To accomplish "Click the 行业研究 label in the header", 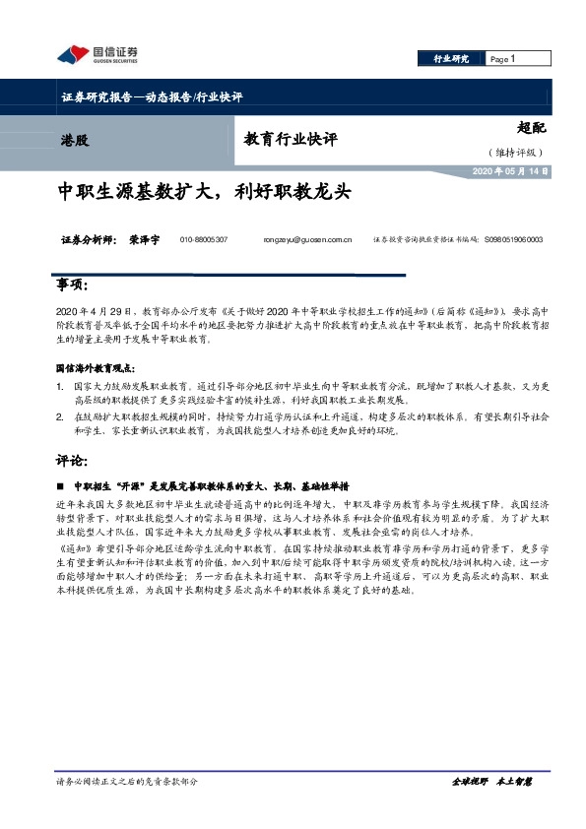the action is tap(452, 59).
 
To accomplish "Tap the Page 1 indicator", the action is tap(502, 59).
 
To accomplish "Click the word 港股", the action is tap(74, 140).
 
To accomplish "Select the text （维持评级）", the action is tap(521, 153).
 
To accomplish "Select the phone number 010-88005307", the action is tap(204, 239).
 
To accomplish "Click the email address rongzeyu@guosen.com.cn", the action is tap(307, 239).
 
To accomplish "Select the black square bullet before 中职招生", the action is tap(62, 485).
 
